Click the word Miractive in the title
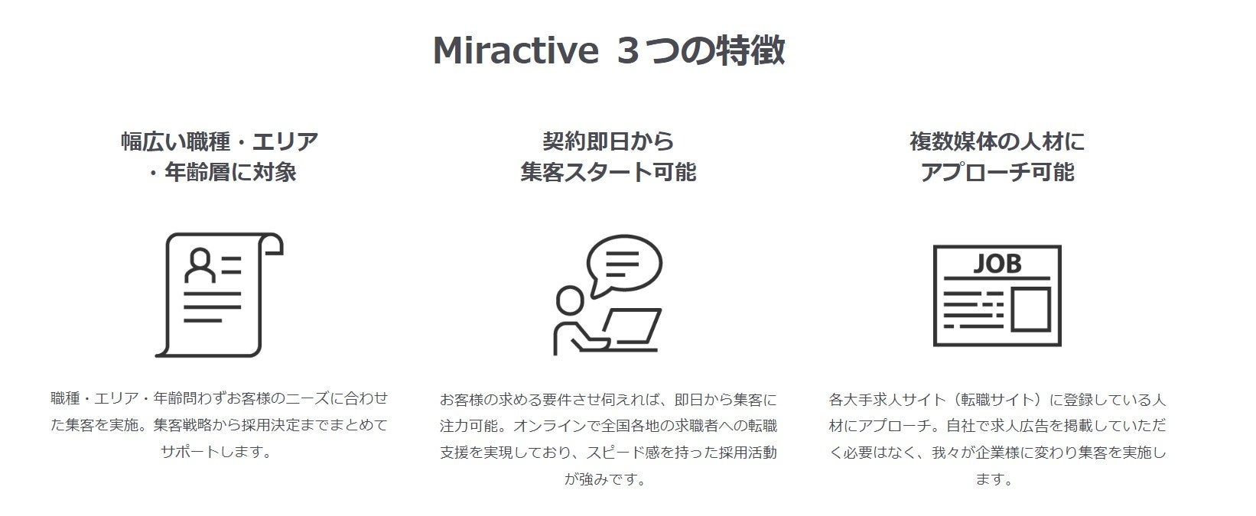click(515, 51)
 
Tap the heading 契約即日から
click(608, 141)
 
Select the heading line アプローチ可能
click(997, 173)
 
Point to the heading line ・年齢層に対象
click(221, 173)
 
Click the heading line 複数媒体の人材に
click(997, 141)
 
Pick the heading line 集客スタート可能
click(608, 173)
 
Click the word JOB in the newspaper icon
click(996, 264)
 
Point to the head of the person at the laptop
click(569, 300)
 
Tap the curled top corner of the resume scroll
click(274, 244)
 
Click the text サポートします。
click(216, 451)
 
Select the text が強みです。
click(606, 479)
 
